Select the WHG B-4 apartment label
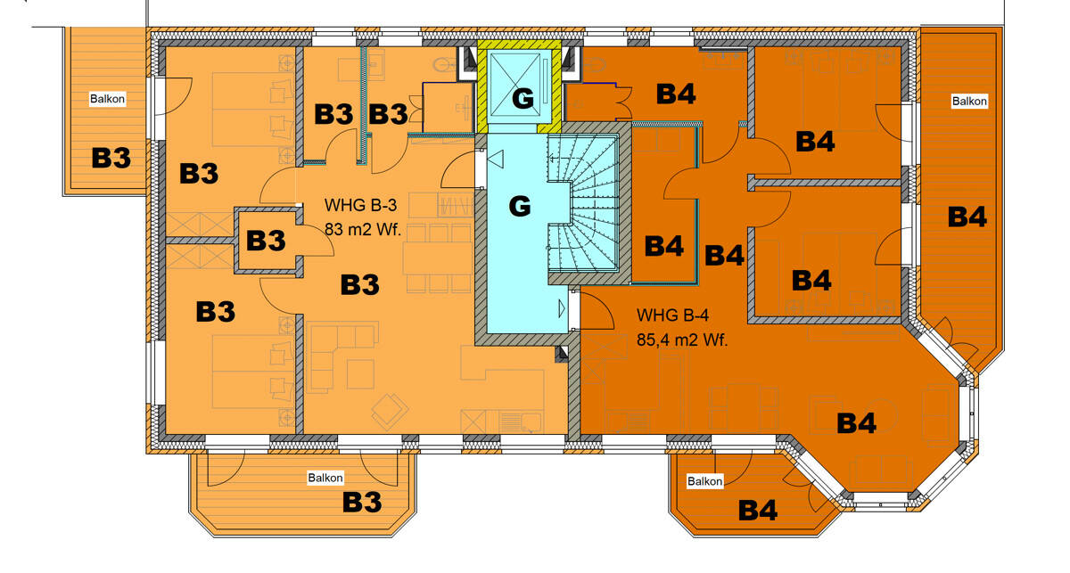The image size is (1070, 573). pyautogui.click(x=673, y=315)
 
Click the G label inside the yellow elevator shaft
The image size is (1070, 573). pyautogui.click(x=523, y=98)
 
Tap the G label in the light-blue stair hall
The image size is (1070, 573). pyautogui.click(x=519, y=207)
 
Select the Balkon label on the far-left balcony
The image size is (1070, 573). pyautogui.click(x=107, y=99)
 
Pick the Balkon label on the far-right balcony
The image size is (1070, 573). pyautogui.click(x=969, y=101)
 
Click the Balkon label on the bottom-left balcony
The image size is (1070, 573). pyautogui.click(x=325, y=478)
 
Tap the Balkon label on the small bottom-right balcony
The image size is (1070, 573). pyautogui.click(x=704, y=481)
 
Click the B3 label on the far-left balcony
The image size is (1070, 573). pyautogui.click(x=111, y=158)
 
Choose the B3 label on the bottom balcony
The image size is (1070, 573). pyautogui.click(x=362, y=503)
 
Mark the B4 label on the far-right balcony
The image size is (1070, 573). pyautogui.click(x=967, y=217)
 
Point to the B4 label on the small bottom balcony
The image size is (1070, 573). pyautogui.click(x=758, y=511)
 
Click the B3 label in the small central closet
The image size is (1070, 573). pyautogui.click(x=266, y=241)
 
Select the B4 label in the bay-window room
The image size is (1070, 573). pyautogui.click(x=857, y=423)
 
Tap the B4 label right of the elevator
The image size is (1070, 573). pyautogui.click(x=676, y=94)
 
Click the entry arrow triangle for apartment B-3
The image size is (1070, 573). pyautogui.click(x=496, y=160)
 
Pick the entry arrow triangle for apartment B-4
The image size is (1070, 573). pyautogui.click(x=563, y=308)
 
